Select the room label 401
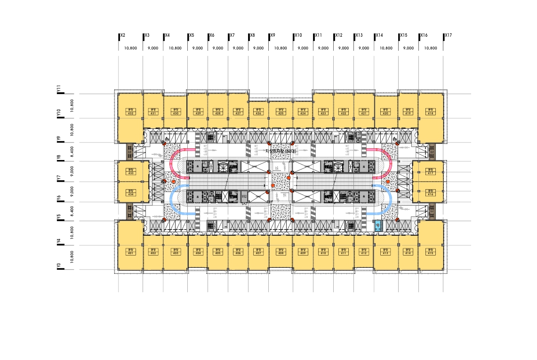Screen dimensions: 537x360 [130, 252]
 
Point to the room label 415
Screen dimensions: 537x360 [430, 252]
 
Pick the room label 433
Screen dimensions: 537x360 [130, 172]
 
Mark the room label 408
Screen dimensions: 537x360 [281, 252]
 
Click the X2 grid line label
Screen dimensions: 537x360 [122, 35]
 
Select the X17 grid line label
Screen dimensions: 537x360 [448, 35]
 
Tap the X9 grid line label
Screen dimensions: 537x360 [273, 35]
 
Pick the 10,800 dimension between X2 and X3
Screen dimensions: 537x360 [130, 48]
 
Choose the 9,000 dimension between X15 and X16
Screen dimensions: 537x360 [409, 48]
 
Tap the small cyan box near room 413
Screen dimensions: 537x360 [377, 225]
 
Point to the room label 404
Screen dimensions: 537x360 [198, 252]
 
